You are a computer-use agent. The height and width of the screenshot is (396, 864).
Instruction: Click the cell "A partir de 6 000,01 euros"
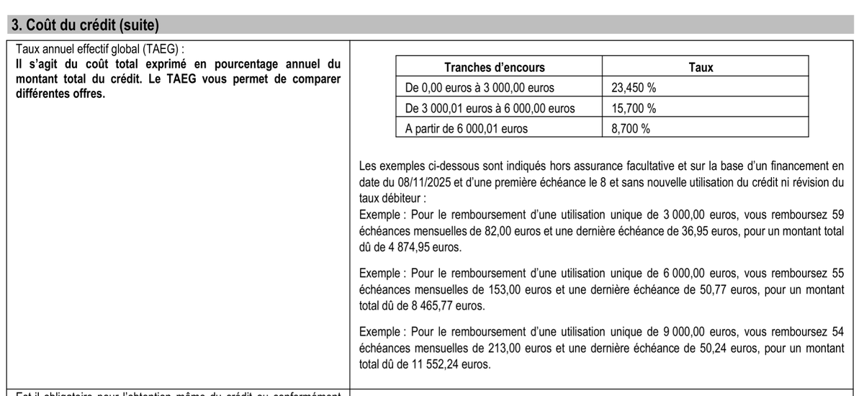point(467,129)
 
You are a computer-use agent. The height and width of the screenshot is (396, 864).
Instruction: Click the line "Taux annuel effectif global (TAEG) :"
point(95,49)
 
